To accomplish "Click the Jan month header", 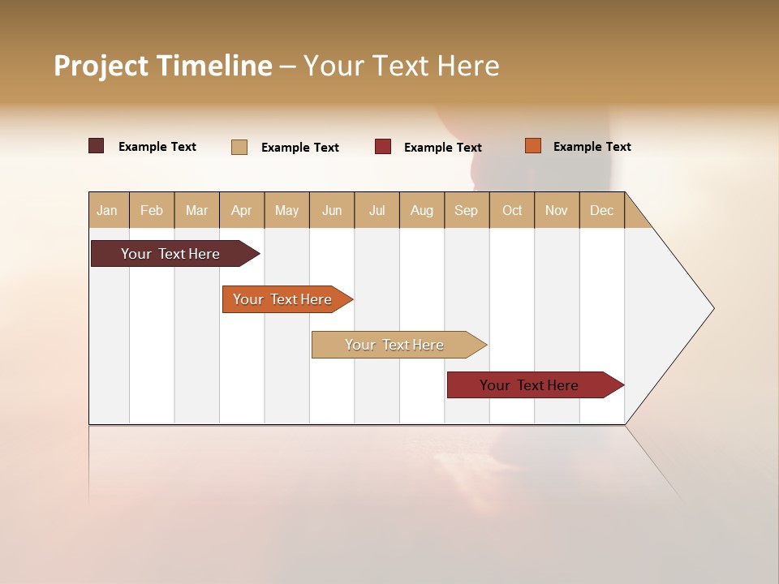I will tap(108, 210).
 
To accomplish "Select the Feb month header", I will tap(152, 210).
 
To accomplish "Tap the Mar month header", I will tap(196, 210).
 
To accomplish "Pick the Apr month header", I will tap(242, 210).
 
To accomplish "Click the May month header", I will tap(286, 210).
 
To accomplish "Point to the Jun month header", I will tap(332, 210).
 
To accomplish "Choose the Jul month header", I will tap(377, 210).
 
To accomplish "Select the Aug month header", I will tap(422, 210).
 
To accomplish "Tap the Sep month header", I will tap(467, 210).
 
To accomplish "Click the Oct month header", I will tap(512, 210).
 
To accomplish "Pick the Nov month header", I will tap(557, 210).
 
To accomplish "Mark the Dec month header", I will tap(602, 210).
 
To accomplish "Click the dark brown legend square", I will tap(97, 146).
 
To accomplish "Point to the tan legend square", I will tap(239, 147).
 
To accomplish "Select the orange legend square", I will tap(533, 146).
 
